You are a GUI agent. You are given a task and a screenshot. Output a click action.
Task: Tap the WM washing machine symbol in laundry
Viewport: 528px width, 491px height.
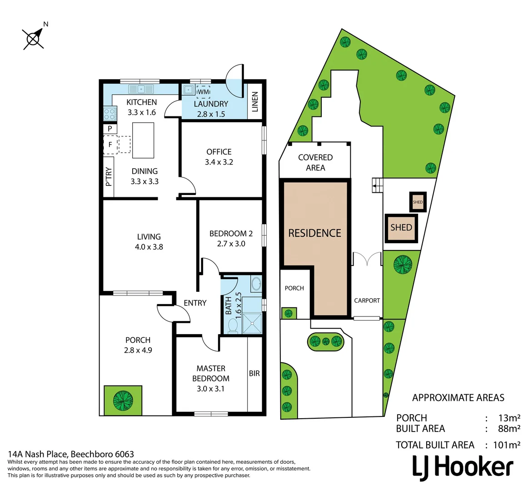[203, 91]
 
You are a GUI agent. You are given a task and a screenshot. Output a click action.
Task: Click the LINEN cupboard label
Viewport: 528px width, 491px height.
[255, 101]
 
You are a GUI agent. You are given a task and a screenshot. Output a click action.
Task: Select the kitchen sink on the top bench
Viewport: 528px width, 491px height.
[141, 89]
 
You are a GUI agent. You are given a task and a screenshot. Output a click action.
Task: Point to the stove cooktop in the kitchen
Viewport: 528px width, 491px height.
[110, 113]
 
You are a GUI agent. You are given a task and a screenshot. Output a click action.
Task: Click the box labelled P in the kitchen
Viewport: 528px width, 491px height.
[110, 129]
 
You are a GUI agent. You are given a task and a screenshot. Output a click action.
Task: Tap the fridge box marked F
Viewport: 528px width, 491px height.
[110, 145]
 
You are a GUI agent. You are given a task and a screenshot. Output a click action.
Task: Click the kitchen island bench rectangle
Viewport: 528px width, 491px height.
[143, 140]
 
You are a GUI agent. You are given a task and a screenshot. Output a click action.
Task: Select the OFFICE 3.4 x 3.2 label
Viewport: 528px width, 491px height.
[219, 157]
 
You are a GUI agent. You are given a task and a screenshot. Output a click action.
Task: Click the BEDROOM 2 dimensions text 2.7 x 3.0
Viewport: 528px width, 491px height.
[231, 244]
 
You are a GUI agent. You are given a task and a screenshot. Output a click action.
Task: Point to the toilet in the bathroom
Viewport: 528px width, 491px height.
[233, 326]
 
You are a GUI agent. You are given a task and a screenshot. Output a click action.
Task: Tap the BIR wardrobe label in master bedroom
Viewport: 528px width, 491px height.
[254, 373]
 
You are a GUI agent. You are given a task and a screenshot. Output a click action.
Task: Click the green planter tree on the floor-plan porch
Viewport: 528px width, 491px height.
[123, 400]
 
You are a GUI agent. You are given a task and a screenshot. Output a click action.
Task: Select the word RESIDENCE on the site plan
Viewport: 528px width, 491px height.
[314, 233]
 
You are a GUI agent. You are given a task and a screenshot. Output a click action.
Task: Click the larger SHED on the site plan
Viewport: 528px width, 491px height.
[401, 227]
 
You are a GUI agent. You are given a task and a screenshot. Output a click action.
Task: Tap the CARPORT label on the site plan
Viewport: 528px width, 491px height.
[367, 301]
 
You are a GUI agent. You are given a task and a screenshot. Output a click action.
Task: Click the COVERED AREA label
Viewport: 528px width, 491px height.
[315, 162]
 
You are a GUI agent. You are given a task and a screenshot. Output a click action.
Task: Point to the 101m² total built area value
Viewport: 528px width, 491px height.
[506, 445]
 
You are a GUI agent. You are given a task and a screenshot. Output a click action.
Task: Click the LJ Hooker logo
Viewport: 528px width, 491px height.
[463, 467]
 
